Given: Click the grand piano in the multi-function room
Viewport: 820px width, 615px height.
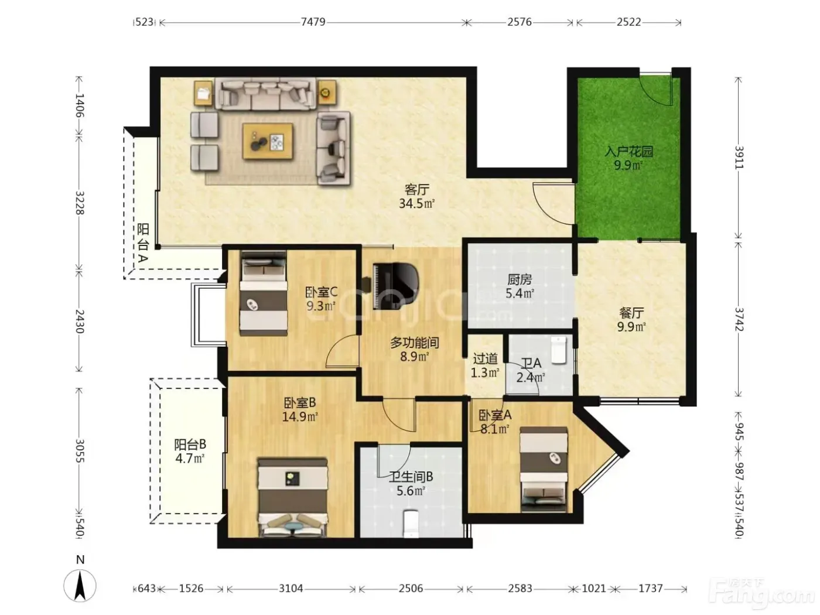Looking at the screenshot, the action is point(392,286).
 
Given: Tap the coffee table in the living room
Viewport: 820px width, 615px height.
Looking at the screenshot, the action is point(268,142).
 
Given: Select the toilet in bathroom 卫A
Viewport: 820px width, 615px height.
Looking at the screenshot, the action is point(559,350).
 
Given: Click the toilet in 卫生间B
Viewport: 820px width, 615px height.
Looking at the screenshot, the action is point(411,524).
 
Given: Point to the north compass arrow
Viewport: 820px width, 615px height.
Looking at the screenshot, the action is point(80,586).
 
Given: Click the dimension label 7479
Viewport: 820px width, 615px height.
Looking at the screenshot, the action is point(313,22).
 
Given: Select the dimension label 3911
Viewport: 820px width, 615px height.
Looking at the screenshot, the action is point(739,157).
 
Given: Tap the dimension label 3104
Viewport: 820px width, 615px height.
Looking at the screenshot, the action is point(291,589).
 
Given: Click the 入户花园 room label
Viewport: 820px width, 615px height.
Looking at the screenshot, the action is point(628,152).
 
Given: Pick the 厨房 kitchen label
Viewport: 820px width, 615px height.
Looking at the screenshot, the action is point(520,280).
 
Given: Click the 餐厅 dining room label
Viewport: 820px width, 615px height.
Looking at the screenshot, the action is point(631,313).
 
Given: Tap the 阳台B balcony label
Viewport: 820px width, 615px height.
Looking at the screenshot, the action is point(190,445).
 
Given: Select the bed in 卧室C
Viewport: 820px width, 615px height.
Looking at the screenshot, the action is point(264,293).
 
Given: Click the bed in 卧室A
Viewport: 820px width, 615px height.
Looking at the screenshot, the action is point(544,469).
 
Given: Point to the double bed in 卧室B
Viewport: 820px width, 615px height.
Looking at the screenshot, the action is point(292,498).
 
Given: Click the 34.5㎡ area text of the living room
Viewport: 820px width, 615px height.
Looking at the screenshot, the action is point(416,204).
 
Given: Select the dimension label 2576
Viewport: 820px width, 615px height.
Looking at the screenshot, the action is point(520,22).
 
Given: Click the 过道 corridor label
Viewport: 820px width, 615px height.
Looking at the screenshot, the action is point(486,359).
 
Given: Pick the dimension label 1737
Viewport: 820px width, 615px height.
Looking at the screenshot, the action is point(650,589).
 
